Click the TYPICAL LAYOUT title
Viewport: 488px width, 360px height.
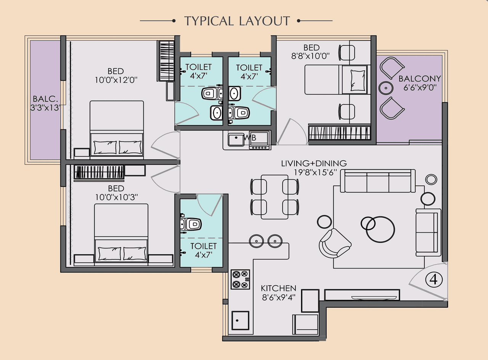point(237,21)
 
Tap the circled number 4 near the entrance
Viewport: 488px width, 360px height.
point(433,280)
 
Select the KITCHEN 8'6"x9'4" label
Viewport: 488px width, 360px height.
point(278,292)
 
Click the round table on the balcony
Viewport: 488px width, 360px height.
point(386,88)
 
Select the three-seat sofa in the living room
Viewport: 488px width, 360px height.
point(377,181)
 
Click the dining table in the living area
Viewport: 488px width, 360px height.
point(274,197)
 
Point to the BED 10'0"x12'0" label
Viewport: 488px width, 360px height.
point(116,76)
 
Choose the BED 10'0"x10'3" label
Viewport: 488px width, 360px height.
point(116,193)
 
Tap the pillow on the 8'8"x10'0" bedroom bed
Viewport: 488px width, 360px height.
point(357,80)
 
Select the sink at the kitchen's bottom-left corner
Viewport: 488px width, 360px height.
point(240,321)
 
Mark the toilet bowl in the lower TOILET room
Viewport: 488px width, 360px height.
point(192,224)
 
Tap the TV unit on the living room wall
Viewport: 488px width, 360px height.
point(362,295)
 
